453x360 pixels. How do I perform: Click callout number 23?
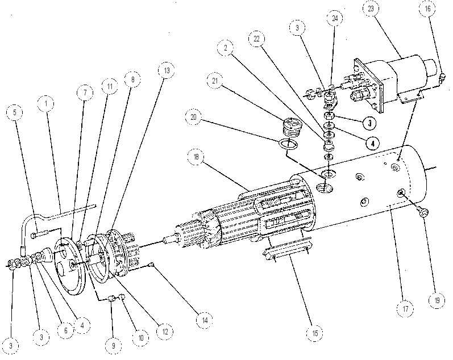[x=371, y=9]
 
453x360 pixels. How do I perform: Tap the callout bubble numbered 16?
[x=427, y=9]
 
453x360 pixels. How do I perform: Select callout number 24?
[x=335, y=18]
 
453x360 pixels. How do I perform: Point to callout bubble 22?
[x=256, y=39]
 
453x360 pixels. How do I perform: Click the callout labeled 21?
[x=215, y=81]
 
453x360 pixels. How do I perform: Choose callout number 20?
[x=194, y=116]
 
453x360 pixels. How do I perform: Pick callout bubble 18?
[x=196, y=157]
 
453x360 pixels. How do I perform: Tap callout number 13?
[x=167, y=70]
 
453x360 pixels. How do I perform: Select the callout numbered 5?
[x=15, y=112]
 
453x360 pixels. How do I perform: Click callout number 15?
[x=315, y=333]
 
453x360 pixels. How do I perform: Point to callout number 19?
[x=437, y=300]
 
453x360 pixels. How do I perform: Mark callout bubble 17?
[x=405, y=309]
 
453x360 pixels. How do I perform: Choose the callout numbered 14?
[x=205, y=320]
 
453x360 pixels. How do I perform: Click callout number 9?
[x=114, y=346]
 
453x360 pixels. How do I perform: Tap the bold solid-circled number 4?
[x=373, y=144]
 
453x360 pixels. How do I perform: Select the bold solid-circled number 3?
[x=370, y=123]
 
